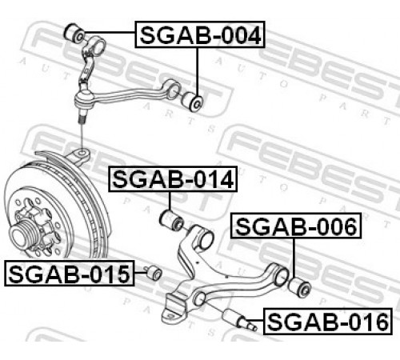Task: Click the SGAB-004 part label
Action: pyautogui.click(x=200, y=34)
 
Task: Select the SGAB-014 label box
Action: pyautogui.click(x=173, y=179)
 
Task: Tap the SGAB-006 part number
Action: pyautogui.click(x=296, y=226)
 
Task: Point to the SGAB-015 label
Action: pyautogui.click(x=70, y=274)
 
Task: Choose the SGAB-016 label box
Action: pyautogui.click(x=328, y=322)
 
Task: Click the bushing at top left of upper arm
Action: pyautogui.click(x=74, y=33)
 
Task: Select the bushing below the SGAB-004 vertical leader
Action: pyautogui.click(x=193, y=102)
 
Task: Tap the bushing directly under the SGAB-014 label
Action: pyautogui.click(x=171, y=220)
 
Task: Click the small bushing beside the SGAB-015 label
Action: pyautogui.click(x=154, y=273)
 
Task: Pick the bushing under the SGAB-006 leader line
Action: pyautogui.click(x=300, y=287)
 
